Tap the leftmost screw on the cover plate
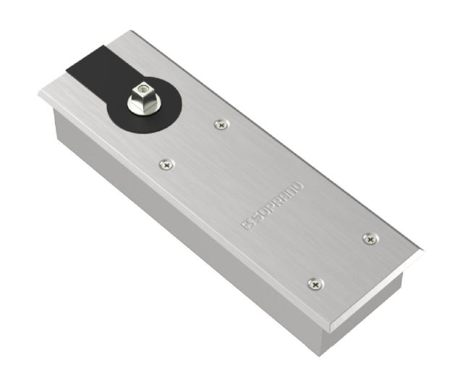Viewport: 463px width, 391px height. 167,165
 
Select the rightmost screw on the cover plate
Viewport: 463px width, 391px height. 370,237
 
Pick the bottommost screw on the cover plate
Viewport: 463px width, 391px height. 313,285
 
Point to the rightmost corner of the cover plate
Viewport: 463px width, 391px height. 422,252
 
